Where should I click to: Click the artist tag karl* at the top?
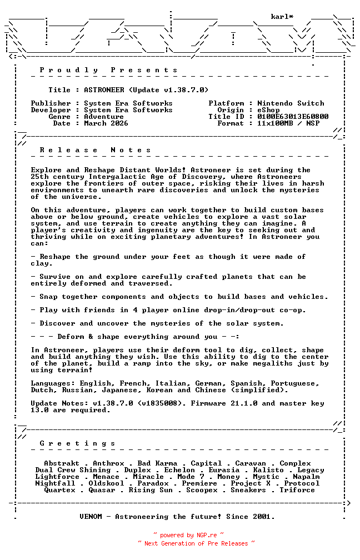282,17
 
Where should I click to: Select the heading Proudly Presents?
109,70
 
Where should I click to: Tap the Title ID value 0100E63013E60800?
293,117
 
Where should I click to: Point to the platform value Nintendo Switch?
291,103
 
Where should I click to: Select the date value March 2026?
106,123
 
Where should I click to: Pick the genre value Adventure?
104,117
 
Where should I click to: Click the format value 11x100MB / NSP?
288,123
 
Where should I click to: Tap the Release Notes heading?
96,150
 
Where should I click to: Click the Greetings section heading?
78,443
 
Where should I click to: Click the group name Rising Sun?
151,490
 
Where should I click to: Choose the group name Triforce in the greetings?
297,490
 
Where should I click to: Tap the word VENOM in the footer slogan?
91,517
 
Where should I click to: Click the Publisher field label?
51,103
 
